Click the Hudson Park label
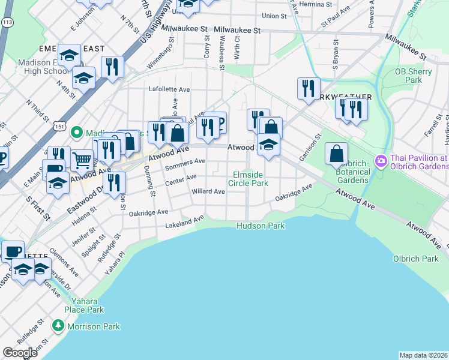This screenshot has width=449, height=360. (x=260, y=226)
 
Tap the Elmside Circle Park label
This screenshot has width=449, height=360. (x=250, y=179)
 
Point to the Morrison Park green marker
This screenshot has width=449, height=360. (x=58, y=326)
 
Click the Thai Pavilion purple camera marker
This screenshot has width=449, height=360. (x=380, y=161)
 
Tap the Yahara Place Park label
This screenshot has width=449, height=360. (x=88, y=305)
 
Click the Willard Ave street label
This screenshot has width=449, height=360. (x=208, y=192)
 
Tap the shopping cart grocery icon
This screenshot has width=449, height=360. (x=82, y=160)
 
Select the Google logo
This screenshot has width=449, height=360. (x=20, y=353)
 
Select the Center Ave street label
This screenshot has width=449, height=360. (x=184, y=178)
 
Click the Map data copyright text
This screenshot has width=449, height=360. (x=423, y=355)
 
